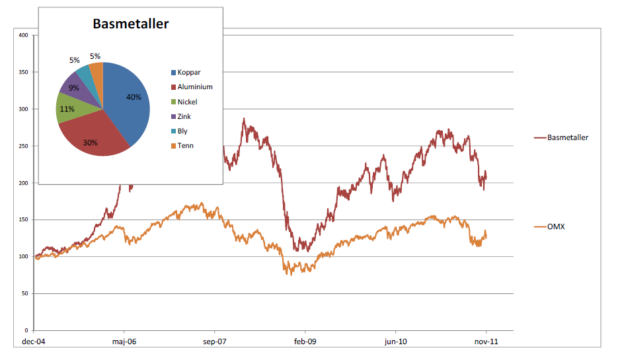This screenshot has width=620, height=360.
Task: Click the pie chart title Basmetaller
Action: click(x=130, y=24)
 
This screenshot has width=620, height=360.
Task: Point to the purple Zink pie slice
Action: click(x=74, y=86)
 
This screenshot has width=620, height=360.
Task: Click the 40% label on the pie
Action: click(x=134, y=96)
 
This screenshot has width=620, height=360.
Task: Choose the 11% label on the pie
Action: click(x=67, y=109)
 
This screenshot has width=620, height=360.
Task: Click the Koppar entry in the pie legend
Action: click(x=188, y=72)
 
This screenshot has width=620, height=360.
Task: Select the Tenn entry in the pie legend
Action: click(x=185, y=145)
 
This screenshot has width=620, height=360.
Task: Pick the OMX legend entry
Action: click(x=556, y=227)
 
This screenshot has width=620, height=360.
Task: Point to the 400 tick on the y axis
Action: click(x=23, y=35)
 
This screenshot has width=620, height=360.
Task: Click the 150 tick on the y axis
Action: click(x=23, y=219)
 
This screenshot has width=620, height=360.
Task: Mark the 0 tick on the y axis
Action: click(x=26, y=330)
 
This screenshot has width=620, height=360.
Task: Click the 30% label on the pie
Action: click(x=91, y=142)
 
